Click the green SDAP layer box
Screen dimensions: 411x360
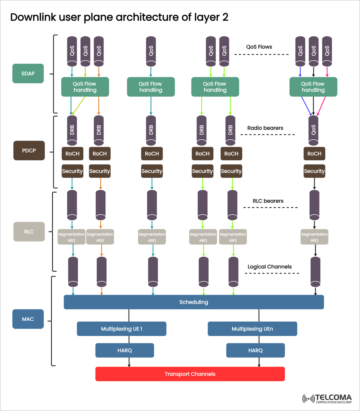[28, 73]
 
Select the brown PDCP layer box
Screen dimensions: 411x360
[29, 151]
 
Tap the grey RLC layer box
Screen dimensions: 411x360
[29, 232]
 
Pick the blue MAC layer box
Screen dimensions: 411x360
[28, 319]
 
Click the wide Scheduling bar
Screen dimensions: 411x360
[193, 302]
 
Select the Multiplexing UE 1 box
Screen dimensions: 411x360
[121, 329]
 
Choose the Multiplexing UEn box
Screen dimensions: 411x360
[252, 329]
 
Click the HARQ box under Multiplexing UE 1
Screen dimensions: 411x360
[124, 350]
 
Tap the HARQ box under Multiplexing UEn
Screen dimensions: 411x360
[255, 350]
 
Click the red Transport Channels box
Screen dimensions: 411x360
[190, 374]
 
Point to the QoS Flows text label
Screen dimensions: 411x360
[259, 47]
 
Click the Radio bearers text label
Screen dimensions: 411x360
[265, 128]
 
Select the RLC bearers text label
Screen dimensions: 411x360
[268, 201]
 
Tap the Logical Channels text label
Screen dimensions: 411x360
[270, 267]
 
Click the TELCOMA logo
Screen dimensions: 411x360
[327, 399]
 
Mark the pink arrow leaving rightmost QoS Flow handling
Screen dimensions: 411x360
[322, 106]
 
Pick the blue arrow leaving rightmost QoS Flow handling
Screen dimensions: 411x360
[306, 106]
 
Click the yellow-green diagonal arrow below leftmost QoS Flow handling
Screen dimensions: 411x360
[79, 106]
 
